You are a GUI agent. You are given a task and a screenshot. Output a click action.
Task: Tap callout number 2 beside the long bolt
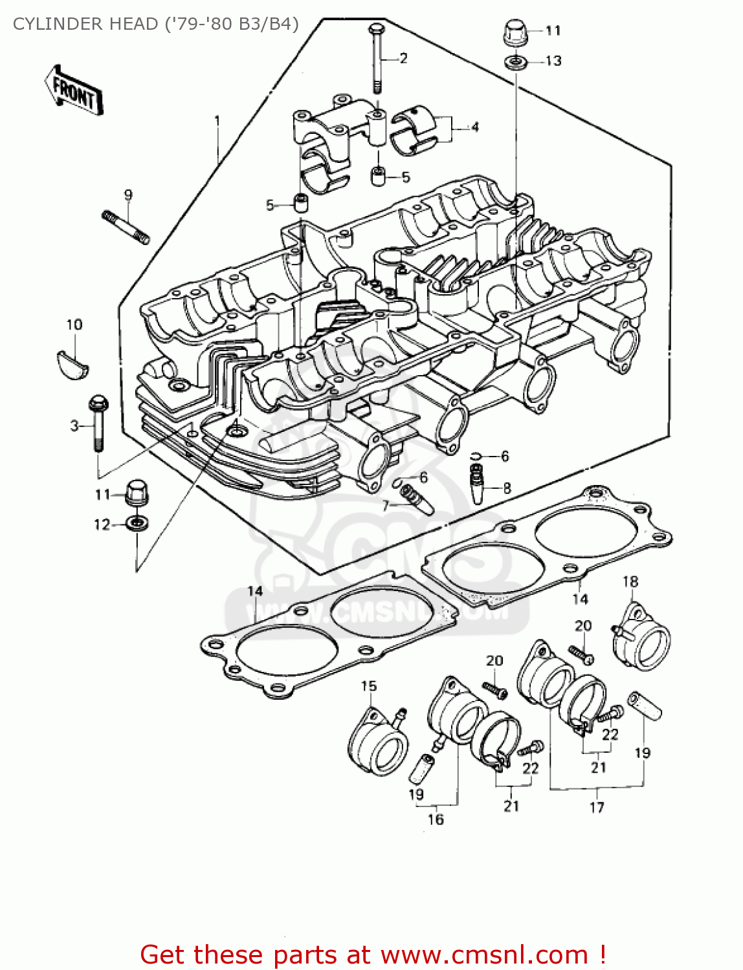tap(403, 58)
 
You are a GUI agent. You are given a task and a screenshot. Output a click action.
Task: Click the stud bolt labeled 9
tap(126, 226)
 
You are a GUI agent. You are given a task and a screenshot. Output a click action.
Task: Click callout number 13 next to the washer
tap(553, 61)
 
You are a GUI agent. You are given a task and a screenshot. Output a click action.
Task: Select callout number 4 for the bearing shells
tap(474, 127)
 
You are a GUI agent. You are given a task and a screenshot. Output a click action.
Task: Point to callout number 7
tap(385, 506)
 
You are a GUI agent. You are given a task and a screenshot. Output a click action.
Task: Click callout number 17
tap(596, 807)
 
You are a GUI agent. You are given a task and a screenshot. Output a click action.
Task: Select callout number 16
tap(436, 819)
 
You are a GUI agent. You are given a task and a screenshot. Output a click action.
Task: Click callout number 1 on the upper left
tap(217, 121)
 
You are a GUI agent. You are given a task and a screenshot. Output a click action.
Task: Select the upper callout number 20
tap(582, 625)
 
